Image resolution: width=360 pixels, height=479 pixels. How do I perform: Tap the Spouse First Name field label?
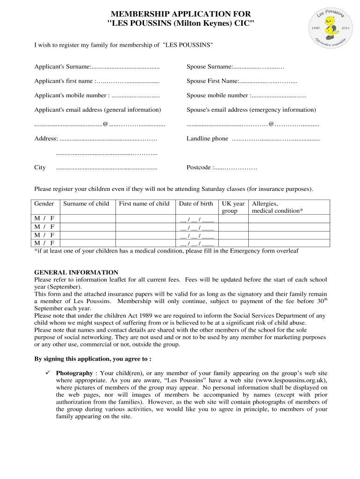tap(213, 81)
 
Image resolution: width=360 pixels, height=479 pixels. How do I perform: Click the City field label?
tap(40, 167)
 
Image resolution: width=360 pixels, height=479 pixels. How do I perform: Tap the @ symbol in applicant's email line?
tap(106, 124)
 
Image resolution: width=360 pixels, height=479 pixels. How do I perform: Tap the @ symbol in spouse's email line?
tap(271, 124)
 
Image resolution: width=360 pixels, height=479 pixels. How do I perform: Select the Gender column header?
tap(44, 203)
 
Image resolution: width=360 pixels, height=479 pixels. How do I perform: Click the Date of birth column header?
tap(196, 203)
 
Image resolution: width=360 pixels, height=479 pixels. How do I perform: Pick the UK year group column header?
tap(233, 207)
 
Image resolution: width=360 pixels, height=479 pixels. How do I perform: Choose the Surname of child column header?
tap(86, 203)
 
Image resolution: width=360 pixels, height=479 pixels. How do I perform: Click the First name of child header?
tap(144, 203)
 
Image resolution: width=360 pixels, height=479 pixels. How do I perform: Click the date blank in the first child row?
tap(197, 219)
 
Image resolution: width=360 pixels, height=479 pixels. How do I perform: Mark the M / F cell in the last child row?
tap(44, 243)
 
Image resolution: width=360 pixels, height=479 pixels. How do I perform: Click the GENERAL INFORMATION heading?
tap(76, 272)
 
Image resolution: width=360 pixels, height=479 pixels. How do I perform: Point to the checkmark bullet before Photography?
tap(47, 373)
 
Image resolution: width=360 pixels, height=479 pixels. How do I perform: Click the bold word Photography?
tap(74, 373)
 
